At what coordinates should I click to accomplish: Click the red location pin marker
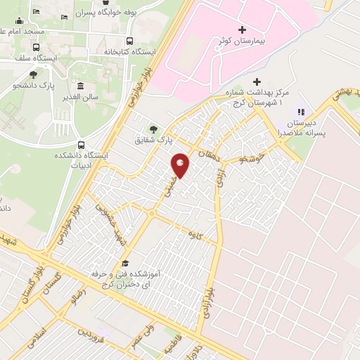click(181, 165)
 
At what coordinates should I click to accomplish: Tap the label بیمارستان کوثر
click(248, 42)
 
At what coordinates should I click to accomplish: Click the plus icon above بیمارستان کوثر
click(243, 30)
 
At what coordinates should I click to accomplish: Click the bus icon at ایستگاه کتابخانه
click(129, 40)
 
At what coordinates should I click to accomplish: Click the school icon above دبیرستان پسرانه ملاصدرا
click(301, 111)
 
